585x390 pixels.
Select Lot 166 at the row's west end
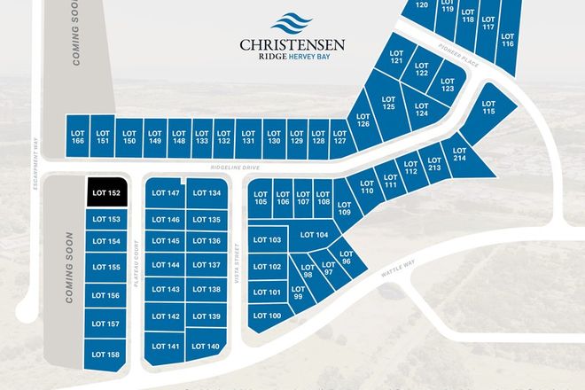point(77,134)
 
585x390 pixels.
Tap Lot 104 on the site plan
point(315,235)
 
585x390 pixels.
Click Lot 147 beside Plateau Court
point(167,193)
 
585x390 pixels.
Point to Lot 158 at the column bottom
point(105,355)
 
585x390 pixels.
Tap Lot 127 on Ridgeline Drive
point(339,134)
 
